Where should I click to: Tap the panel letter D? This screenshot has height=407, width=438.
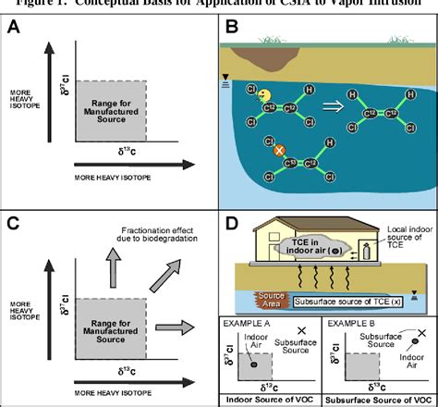click(x=235, y=222)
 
